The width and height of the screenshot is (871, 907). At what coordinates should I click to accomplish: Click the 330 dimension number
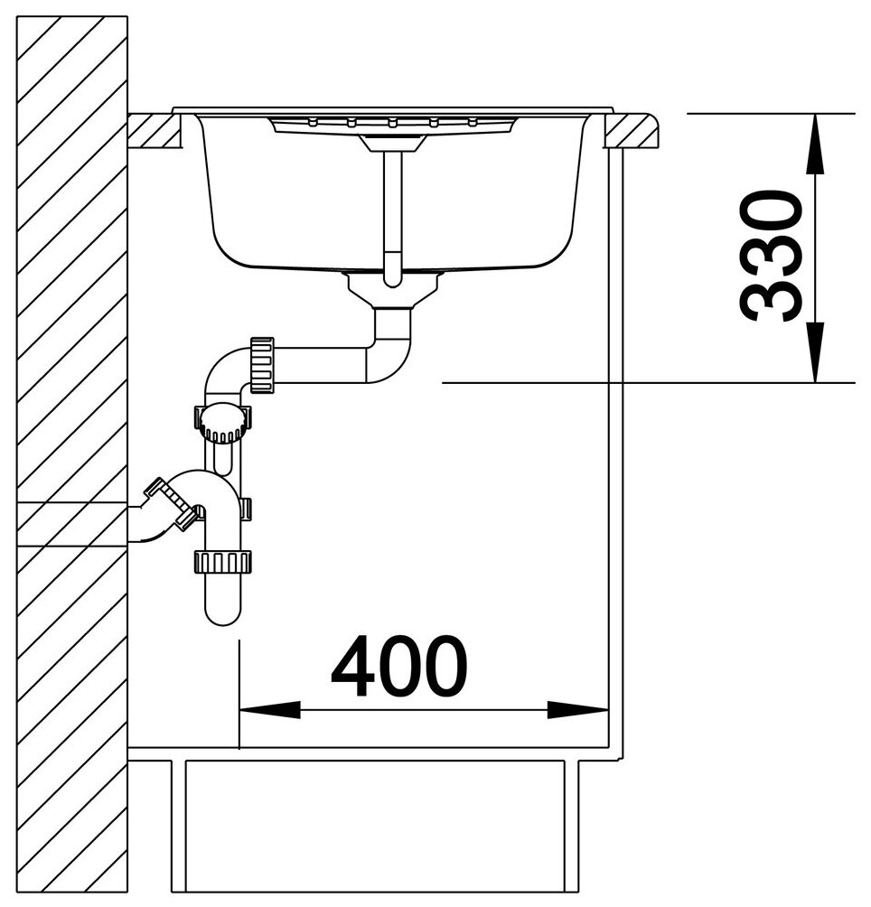[x=771, y=256]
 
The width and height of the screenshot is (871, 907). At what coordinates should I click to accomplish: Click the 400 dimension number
[x=399, y=666]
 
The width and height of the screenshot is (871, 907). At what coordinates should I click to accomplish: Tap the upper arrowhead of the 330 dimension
[x=816, y=143]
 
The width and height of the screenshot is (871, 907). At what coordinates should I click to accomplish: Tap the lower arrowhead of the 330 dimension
[x=816, y=353]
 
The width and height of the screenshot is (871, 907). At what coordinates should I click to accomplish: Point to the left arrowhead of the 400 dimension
[x=269, y=710]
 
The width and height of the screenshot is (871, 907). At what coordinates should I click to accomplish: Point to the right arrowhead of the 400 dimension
[x=577, y=710]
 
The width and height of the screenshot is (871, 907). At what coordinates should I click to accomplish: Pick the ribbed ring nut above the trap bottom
[x=222, y=562]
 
